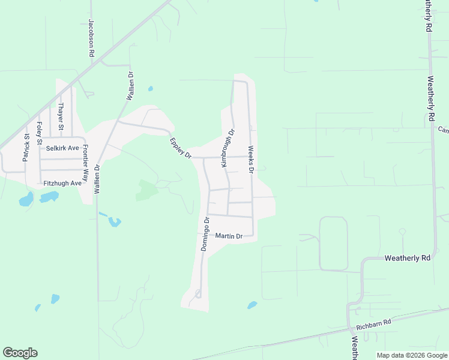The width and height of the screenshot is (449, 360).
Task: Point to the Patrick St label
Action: pos(26,147)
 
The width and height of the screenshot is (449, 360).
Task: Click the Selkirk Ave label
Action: pos(62,148)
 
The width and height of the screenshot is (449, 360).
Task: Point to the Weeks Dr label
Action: pos(251,160)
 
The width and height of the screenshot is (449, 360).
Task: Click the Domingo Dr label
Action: pos(205,234)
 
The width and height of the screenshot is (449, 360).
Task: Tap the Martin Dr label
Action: pos(229,236)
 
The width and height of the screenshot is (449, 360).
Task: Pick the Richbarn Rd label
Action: pos(373,324)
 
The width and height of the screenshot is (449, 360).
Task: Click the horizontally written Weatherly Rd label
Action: pos(408,258)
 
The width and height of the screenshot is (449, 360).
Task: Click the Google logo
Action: pos(20,353)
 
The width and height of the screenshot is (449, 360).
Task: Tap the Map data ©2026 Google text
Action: pos(412,355)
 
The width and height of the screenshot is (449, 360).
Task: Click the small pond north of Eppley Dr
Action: pos(150,89)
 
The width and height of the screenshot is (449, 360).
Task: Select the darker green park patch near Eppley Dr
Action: pos(146,190)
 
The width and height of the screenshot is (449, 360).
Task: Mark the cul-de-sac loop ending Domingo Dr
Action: pos(197,294)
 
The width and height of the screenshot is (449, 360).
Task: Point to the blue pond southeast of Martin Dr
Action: pos(252,305)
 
